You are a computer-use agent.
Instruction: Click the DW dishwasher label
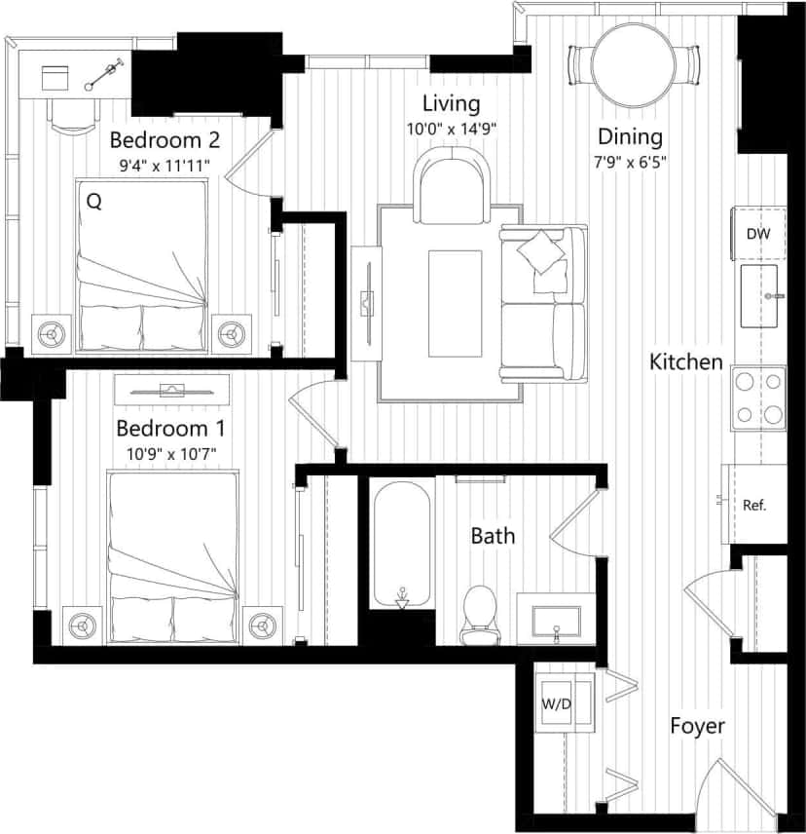759,234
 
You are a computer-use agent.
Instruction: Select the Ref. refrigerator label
754,505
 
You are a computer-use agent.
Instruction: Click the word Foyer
697,726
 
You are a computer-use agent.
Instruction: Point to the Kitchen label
686,362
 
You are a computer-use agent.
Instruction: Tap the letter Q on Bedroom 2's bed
94,202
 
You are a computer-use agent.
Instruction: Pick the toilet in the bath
477,615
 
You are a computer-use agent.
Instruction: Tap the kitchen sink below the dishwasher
759,296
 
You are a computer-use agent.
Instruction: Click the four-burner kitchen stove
759,398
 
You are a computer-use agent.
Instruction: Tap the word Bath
493,535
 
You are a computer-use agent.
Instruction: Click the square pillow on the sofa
542,251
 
